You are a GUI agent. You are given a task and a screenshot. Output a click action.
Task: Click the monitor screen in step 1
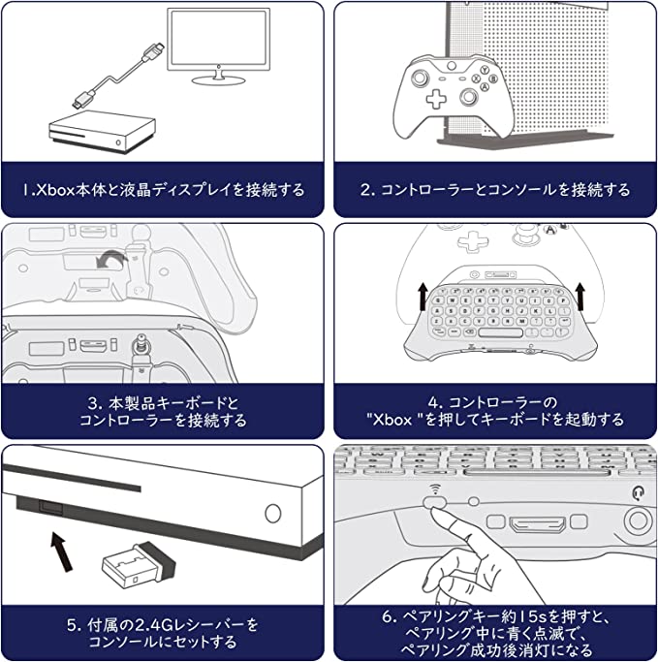[x=219, y=39]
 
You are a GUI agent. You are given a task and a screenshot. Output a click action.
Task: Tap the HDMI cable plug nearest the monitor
[x=152, y=51]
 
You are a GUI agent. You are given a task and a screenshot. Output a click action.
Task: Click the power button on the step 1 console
[x=118, y=142]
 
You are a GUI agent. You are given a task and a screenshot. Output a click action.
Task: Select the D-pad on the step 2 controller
[x=436, y=100]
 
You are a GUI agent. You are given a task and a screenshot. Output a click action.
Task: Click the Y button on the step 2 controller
[x=486, y=70]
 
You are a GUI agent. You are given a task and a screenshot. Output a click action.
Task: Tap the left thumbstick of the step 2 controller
[x=420, y=78]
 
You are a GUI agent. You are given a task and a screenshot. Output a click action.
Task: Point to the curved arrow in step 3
[x=111, y=259]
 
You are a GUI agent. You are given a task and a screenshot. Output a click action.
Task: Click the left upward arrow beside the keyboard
[x=423, y=297]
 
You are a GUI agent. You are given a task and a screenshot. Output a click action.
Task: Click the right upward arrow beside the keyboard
[x=580, y=297]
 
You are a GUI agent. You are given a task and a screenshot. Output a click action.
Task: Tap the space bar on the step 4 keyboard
[x=501, y=332]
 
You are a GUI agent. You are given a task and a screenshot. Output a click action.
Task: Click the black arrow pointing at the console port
[x=62, y=552]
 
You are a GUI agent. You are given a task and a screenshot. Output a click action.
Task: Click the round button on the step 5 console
[x=273, y=513]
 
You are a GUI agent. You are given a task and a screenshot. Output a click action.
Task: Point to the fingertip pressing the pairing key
[x=438, y=513]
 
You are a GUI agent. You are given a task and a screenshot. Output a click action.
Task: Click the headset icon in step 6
[x=639, y=492]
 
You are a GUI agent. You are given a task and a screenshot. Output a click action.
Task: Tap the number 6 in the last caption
[x=387, y=616]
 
